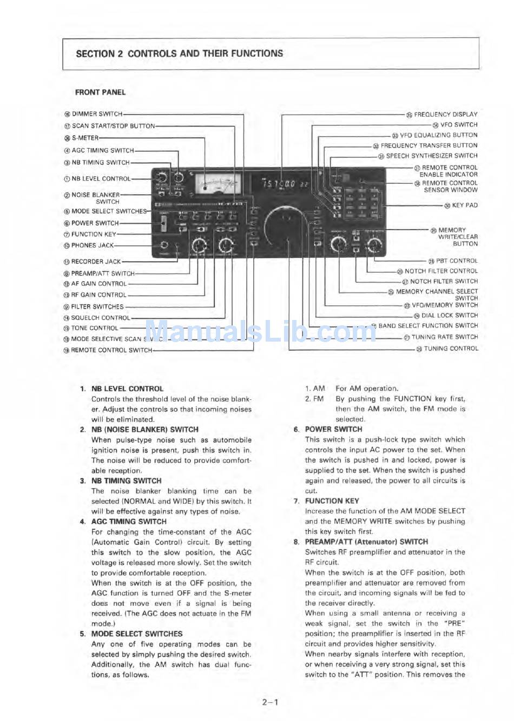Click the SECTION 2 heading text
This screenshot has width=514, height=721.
[x=179, y=54]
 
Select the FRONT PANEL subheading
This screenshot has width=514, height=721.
[x=100, y=92]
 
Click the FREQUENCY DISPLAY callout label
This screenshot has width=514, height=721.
[x=445, y=115]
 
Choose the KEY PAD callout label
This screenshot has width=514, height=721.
[x=464, y=205]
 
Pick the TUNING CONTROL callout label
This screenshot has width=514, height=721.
[x=450, y=349]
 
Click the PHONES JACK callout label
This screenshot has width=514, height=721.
[x=92, y=245]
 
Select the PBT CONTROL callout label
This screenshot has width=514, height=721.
[x=456, y=261]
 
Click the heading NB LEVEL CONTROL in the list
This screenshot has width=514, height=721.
[x=127, y=389]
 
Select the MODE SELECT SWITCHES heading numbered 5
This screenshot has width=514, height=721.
[x=137, y=634]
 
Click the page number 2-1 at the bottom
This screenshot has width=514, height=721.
[x=270, y=703]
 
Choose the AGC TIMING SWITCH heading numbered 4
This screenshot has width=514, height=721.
[x=129, y=522]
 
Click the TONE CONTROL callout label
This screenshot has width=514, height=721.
[x=94, y=328]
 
